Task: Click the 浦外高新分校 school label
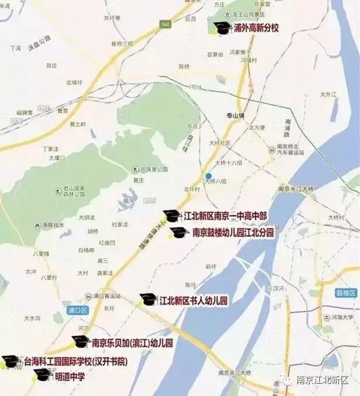tap(256, 27)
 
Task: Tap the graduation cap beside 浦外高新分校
tap(221, 27)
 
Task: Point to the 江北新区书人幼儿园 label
tap(193, 301)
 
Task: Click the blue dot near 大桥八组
tap(208, 175)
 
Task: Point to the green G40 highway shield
tap(164, 24)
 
